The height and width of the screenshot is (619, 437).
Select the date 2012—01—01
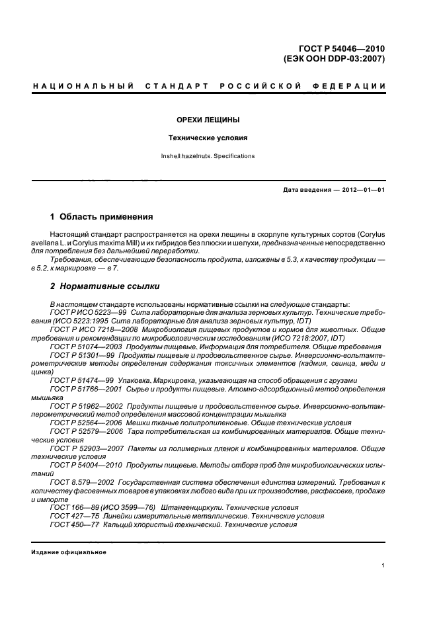click(x=364, y=190)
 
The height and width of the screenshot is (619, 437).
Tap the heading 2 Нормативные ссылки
click(x=104, y=286)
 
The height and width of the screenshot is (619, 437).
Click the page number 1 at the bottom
click(x=383, y=565)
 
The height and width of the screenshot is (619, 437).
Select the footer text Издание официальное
click(x=69, y=552)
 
